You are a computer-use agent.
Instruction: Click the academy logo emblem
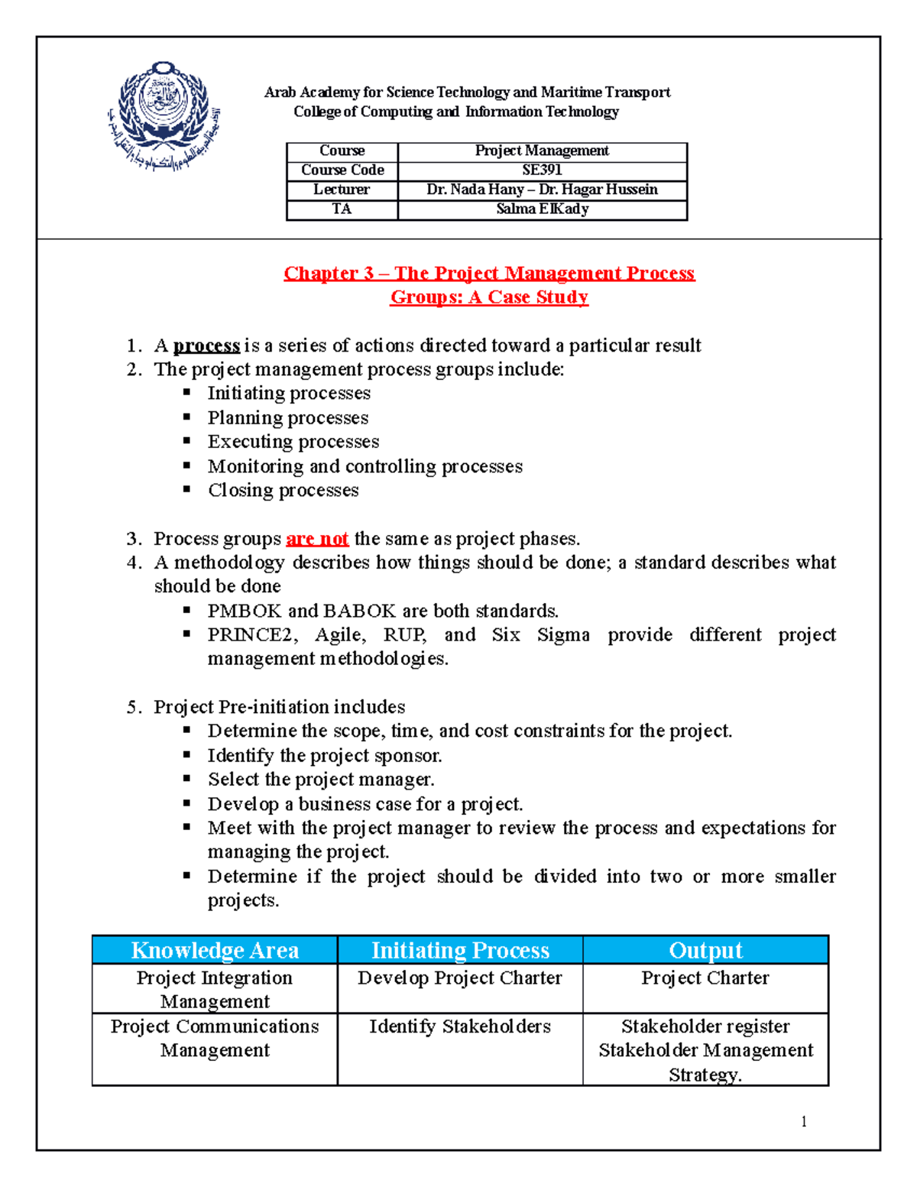pos(164,116)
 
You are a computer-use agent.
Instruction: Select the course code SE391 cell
pos(542,170)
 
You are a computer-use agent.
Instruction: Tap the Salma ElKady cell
pos(542,209)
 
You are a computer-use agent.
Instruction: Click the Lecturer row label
pos(342,190)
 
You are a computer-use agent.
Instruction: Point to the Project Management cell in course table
pos(542,151)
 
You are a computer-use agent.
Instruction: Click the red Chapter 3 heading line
pos(489,274)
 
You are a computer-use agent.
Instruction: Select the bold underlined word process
pos(206,345)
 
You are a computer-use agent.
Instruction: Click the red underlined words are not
pos(317,539)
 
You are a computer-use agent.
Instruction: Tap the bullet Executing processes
pos(293,442)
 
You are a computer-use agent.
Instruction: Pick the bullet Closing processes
pos(283,490)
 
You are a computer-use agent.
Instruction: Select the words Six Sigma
pos(540,635)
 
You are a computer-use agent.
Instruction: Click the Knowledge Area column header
pos(215,950)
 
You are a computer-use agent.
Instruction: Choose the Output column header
pos(705,950)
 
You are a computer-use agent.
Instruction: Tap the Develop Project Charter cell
pos(459,978)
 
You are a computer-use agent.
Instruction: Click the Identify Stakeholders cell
pos(459,1026)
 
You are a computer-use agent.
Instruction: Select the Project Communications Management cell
pos(215,1038)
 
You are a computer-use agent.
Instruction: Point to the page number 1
pos(804,1121)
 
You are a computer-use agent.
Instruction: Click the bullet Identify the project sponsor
pos(325,756)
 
